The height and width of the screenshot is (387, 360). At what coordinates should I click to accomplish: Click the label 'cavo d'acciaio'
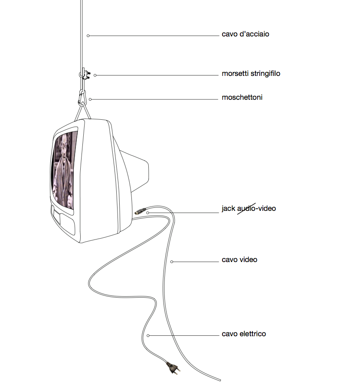(x=245, y=34)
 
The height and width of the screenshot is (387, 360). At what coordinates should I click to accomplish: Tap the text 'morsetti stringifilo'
(x=251, y=74)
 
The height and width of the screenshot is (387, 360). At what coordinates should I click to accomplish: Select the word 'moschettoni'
(x=242, y=98)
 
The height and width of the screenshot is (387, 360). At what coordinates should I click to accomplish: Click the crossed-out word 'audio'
(x=246, y=209)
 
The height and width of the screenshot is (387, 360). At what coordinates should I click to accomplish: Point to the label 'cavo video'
(x=239, y=259)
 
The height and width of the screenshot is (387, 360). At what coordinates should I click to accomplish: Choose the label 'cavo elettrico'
(x=244, y=334)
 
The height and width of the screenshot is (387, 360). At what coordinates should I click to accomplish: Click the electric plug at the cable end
(x=173, y=368)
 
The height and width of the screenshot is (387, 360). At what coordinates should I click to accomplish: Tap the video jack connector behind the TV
(x=140, y=211)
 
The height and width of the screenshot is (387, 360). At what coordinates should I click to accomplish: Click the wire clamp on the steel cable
(x=85, y=74)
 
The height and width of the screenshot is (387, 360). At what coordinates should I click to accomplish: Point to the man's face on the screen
(x=65, y=144)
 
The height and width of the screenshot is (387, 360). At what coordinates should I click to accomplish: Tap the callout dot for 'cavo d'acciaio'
(x=88, y=36)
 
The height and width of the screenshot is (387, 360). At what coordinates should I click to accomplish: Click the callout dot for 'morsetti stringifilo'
(x=95, y=75)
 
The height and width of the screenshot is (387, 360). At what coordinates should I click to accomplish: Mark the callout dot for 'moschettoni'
(x=90, y=99)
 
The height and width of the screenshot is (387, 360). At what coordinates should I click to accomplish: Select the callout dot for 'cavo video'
(x=172, y=262)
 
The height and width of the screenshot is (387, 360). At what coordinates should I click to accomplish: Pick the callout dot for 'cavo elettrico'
(x=148, y=336)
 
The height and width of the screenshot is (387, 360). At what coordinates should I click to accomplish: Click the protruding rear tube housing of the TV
(x=136, y=171)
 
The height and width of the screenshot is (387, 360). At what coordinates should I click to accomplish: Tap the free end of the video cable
(x=220, y=380)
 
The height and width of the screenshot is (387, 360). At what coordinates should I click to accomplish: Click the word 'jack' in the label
(x=228, y=209)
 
